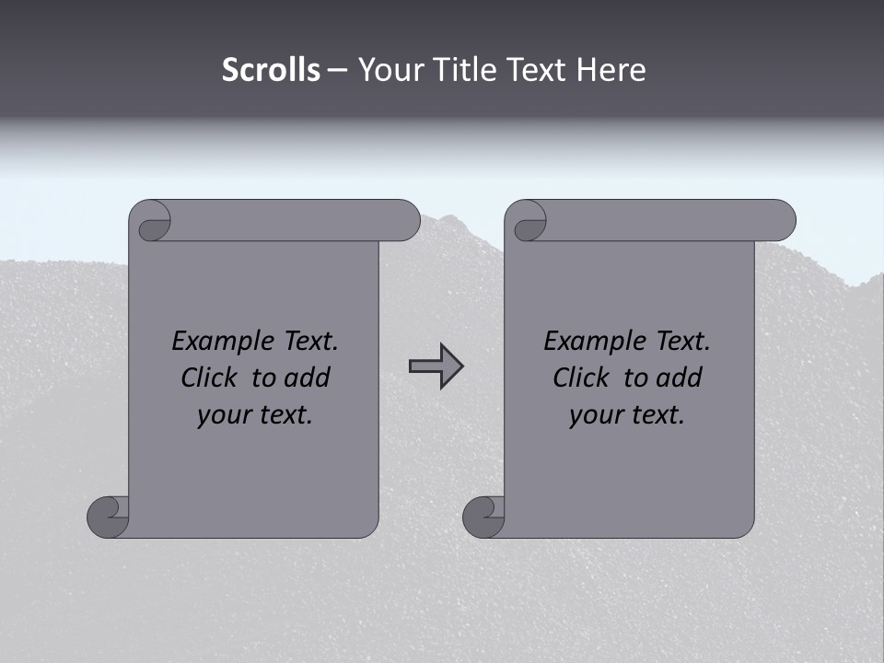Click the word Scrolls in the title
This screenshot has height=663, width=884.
tap(271, 70)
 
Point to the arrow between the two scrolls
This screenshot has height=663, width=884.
tap(436, 366)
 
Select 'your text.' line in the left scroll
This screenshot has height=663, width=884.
tap(255, 414)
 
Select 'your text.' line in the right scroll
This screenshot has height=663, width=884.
tap(627, 414)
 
